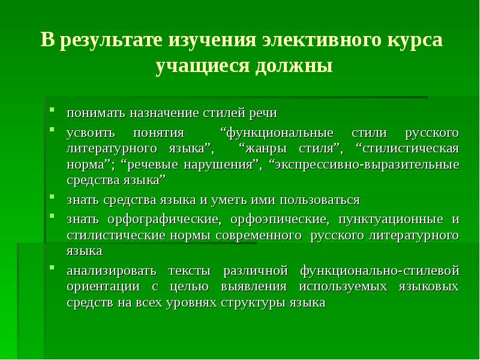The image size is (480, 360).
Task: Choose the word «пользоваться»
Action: [322, 200]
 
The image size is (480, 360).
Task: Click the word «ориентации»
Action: [100, 286]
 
